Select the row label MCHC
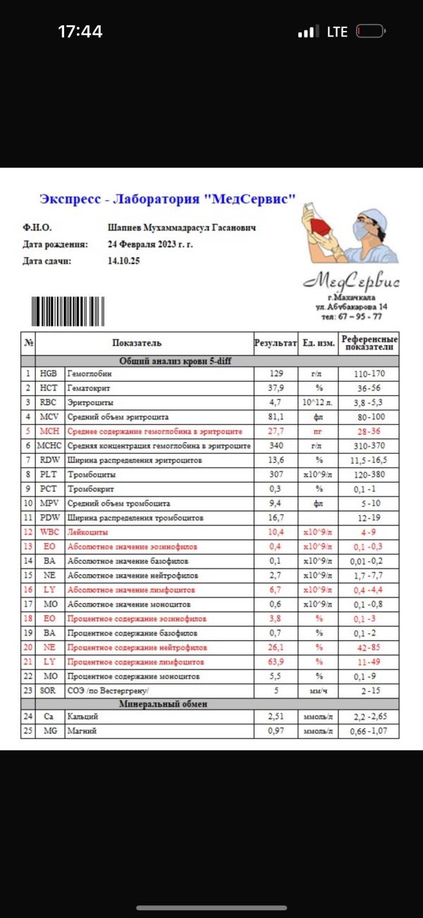pos(49,446)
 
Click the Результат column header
pos(275,343)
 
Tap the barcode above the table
pos(68,311)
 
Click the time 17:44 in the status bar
pos(80,32)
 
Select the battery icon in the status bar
pos(371,32)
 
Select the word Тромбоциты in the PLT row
pos(88,474)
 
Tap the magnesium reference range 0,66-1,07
pos(369,731)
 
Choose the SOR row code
pos(49,690)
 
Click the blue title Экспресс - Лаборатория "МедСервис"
pos(167,199)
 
